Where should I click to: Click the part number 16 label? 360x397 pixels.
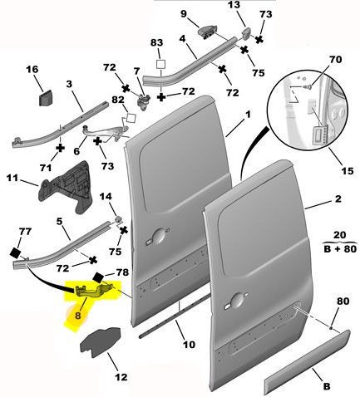pos(32,69)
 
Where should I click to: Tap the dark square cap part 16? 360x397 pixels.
pos(45,98)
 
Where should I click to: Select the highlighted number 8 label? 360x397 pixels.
pos(77,316)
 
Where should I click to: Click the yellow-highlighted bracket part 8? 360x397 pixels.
pos(94,291)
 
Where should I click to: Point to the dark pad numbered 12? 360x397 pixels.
pos(100,341)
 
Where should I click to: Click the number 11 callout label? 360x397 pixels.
pos(12,178)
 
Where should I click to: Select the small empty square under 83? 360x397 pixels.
pos(160,64)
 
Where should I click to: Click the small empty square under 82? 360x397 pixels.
pos(131,117)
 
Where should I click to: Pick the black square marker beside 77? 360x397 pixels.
pos(16,252)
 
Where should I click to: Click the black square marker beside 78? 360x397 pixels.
pos(98,277)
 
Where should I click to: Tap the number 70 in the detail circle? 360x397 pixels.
pos(335,60)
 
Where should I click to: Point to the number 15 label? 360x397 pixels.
pos(348,170)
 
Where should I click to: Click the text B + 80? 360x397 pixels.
pos(340,248)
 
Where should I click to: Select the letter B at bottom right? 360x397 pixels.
pos(327,386)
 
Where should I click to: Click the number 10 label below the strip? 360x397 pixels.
pos(189,345)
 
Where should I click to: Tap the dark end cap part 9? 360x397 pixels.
pos(207,32)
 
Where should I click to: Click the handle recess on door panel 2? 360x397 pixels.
pos(236,300)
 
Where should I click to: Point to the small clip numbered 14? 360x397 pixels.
pos(119,219)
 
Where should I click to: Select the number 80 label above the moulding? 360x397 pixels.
pos(343,301)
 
